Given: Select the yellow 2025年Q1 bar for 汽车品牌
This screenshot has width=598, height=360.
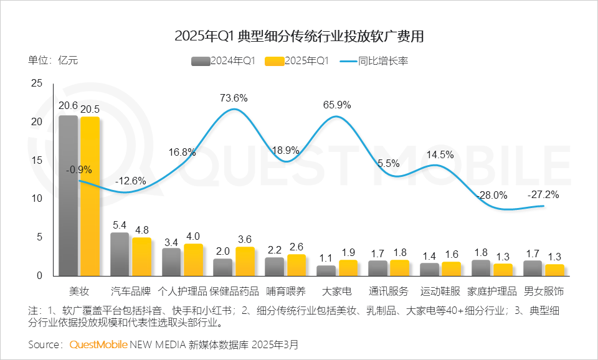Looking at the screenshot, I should tap(141, 256).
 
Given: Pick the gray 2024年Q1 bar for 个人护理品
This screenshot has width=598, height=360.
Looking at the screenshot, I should tap(171, 262).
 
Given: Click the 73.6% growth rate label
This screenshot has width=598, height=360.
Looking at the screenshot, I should tap(234, 98).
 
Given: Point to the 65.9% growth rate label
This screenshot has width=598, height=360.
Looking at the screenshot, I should tap(337, 105).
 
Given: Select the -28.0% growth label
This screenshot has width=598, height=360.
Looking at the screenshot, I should tap(492, 195).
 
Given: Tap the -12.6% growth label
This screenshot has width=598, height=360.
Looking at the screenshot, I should tap(131, 181).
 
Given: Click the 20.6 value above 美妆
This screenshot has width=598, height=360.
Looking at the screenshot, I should tap(68, 106).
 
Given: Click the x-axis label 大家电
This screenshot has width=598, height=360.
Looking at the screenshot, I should tap(337, 291).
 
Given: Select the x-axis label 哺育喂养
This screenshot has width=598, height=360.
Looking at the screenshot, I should tap(285, 291).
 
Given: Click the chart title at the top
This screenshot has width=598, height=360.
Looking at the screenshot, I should tap(299, 36).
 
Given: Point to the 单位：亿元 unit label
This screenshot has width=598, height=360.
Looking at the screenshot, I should tap(53, 60).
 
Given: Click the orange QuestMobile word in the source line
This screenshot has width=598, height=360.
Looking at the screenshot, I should tap(98, 344).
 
